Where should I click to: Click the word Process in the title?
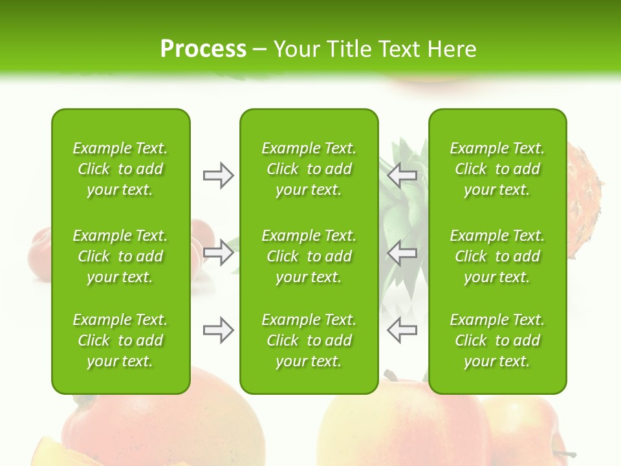203,49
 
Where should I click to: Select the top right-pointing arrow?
218,175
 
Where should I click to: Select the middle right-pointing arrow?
218,252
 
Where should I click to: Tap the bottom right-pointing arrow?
218,330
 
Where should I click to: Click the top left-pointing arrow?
402,175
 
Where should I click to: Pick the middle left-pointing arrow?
402,252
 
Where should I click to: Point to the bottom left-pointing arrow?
402,330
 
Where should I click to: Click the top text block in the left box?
120,169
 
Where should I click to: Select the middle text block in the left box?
120,256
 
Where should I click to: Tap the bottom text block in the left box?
120,340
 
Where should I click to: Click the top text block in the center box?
309,169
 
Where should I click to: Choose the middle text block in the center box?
309,256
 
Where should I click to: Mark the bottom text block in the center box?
309,340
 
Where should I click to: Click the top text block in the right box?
497,169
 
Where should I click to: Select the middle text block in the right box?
497,256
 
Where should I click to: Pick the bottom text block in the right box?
497,340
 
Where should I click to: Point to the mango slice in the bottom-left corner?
49,453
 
